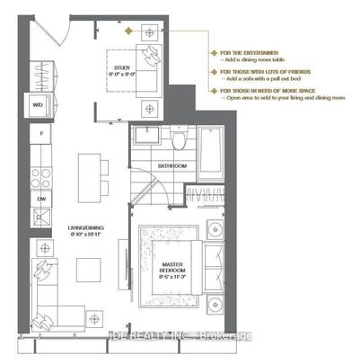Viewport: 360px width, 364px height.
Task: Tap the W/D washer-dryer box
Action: [x=38, y=104]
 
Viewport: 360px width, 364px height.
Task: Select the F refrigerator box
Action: [x=38, y=133]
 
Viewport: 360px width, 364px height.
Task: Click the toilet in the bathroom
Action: [x=180, y=139]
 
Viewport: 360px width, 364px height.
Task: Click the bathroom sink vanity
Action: [x=147, y=139]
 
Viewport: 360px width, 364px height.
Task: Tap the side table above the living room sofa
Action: [x=43, y=245]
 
